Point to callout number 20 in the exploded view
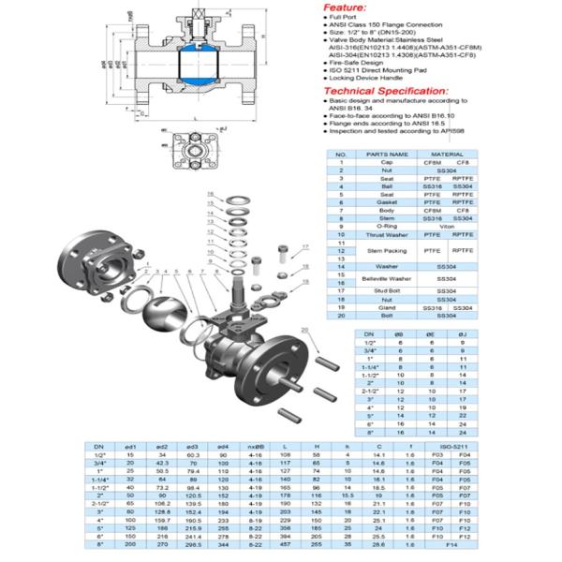tap(305, 329)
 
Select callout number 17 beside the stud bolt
tap(304, 245)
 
